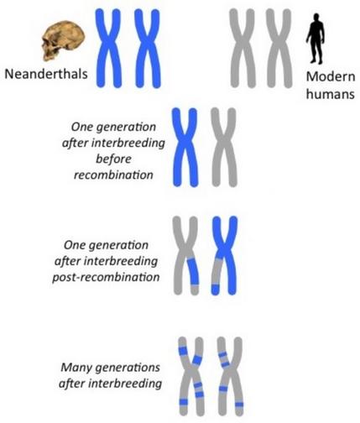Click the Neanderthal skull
point(63,40)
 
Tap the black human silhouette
point(316,39)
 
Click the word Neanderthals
point(46,74)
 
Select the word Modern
point(331,76)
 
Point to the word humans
point(331,94)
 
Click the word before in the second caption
point(113,159)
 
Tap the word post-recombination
point(106,277)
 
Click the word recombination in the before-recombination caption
point(113,175)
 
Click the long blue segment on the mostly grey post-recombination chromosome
point(193,272)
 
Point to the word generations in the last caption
point(128,368)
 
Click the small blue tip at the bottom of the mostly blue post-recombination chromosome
point(215,290)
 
